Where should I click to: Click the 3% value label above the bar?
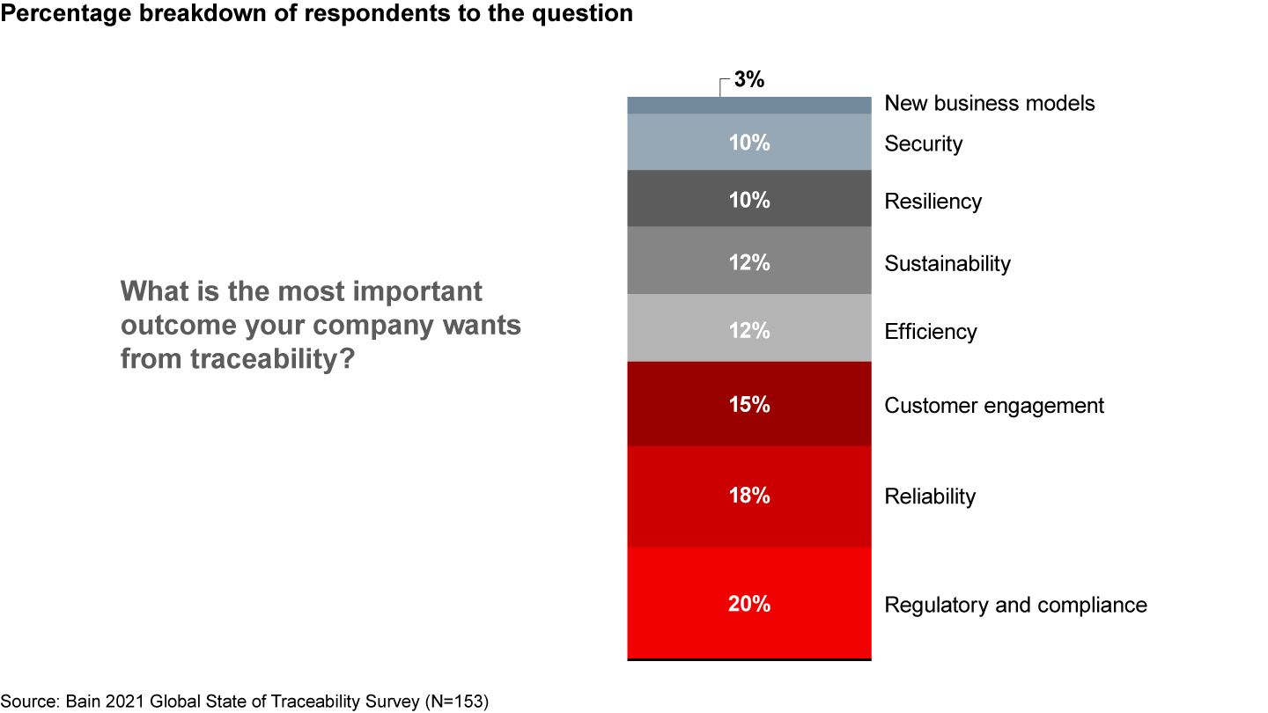click(749, 80)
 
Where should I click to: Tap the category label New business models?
click(990, 103)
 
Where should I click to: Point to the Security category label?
click(924, 143)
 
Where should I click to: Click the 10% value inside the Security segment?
click(749, 143)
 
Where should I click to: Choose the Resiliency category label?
click(933, 202)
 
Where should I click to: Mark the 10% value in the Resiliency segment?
click(749, 201)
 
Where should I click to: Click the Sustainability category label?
click(947, 263)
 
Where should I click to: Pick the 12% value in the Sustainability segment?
click(749, 262)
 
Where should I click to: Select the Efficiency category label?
click(931, 332)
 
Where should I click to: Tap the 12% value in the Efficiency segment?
click(749, 331)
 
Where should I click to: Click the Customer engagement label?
click(994, 406)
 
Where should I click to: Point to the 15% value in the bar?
click(749, 405)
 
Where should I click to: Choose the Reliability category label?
click(930, 496)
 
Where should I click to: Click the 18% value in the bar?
click(749, 496)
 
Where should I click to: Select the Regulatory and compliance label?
click(1015, 605)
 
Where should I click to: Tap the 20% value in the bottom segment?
click(749, 605)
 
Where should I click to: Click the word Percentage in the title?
click(55, 14)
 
